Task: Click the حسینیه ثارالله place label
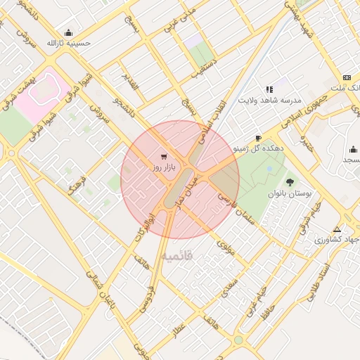click(x=69, y=43)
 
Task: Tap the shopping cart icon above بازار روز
click(x=164, y=156)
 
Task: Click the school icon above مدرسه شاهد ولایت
click(x=269, y=89)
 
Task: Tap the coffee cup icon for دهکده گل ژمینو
click(x=258, y=138)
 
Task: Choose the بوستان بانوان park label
click(x=288, y=193)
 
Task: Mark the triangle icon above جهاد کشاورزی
click(x=337, y=229)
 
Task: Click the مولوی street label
click(x=226, y=248)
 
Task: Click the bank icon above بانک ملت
click(x=347, y=77)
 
